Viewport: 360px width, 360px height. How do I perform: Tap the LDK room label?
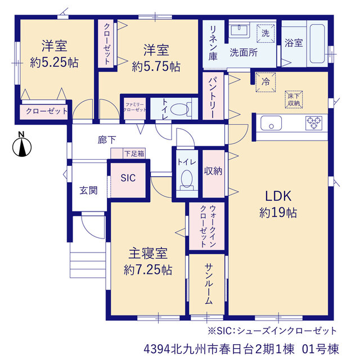pos(278,196)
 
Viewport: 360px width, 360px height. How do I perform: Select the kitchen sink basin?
pos(271,123)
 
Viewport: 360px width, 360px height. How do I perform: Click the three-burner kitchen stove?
pos(314,123)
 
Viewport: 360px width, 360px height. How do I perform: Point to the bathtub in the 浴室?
pos(317,44)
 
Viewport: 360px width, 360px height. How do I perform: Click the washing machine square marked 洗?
pos(265,33)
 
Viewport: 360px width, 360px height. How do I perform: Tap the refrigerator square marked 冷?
pos(265,82)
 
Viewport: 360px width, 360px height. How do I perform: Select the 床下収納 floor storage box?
pos(294,100)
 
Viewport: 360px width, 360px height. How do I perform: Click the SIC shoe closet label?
pos(128,178)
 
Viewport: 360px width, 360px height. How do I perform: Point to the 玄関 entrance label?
pos(89,190)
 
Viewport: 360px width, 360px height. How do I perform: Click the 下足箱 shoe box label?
pos(134,154)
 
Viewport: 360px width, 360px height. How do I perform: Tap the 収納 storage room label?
pos(213,171)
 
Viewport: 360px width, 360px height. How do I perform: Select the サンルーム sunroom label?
pos(209,283)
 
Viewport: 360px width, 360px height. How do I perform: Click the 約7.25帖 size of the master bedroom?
pos(148,270)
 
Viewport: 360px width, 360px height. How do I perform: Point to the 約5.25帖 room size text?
pos(54,62)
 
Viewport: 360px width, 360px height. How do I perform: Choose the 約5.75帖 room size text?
pos(156,67)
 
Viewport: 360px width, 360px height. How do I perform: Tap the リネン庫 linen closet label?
pos(213,43)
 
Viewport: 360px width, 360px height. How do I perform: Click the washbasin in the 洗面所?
pos(239,30)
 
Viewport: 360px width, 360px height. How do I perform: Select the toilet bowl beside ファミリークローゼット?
pos(179,109)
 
